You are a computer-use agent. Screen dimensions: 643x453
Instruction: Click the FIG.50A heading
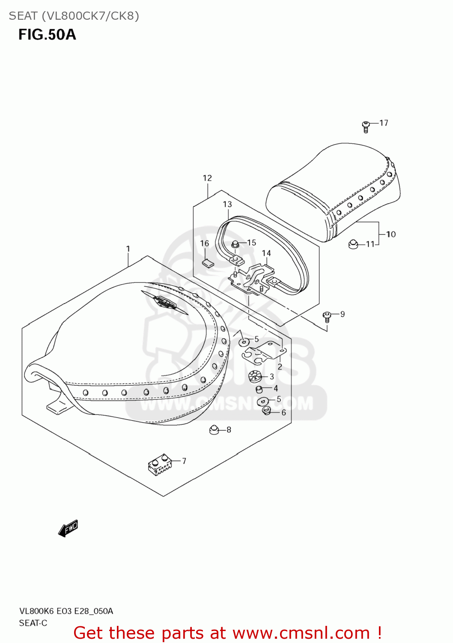47,34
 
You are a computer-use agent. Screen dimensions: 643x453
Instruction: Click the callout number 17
384,123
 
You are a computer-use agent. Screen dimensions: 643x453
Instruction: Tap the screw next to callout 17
365,126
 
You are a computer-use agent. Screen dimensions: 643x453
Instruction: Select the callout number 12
207,178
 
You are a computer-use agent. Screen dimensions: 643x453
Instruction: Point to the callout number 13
227,204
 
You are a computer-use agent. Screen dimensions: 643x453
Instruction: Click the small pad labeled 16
207,263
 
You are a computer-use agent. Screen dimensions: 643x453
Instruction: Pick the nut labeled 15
235,244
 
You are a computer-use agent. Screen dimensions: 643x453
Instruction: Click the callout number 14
266,253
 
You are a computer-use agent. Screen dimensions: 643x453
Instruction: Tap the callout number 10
391,234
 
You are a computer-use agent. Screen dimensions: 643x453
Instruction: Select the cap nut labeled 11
353,244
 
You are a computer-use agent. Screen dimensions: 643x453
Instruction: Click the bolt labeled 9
327,317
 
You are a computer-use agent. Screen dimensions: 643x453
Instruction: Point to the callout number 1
128,249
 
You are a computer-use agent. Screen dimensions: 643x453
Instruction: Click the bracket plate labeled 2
263,351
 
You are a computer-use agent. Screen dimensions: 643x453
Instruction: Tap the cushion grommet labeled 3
255,376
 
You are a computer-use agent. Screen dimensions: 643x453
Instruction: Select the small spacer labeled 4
259,389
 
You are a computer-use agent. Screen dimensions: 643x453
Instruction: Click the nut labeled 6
266,412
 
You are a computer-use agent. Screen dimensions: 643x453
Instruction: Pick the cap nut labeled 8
214,429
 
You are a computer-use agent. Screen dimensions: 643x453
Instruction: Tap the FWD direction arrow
68,528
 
